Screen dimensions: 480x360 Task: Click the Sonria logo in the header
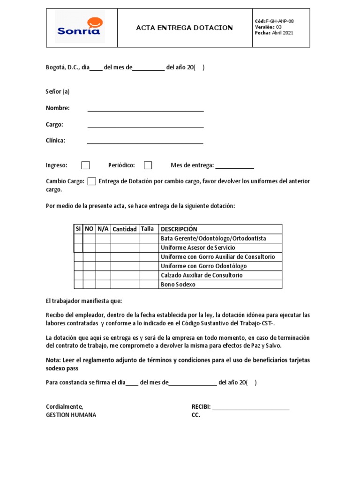(80, 27)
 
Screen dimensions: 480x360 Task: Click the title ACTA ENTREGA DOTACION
(184, 28)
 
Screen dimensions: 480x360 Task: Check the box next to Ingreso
(86, 165)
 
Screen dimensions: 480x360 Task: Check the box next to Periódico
(148, 165)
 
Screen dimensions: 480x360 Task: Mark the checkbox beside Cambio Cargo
(92, 181)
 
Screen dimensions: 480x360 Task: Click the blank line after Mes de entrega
(234, 166)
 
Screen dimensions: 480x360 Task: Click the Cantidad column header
(125, 229)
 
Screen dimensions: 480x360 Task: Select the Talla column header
(147, 229)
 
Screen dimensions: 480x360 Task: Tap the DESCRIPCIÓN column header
(179, 229)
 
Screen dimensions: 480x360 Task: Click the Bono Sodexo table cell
(178, 285)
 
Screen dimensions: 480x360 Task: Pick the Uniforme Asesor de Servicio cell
(198, 247)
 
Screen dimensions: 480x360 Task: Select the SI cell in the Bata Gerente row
(78, 239)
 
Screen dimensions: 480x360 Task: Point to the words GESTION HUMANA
(71, 415)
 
